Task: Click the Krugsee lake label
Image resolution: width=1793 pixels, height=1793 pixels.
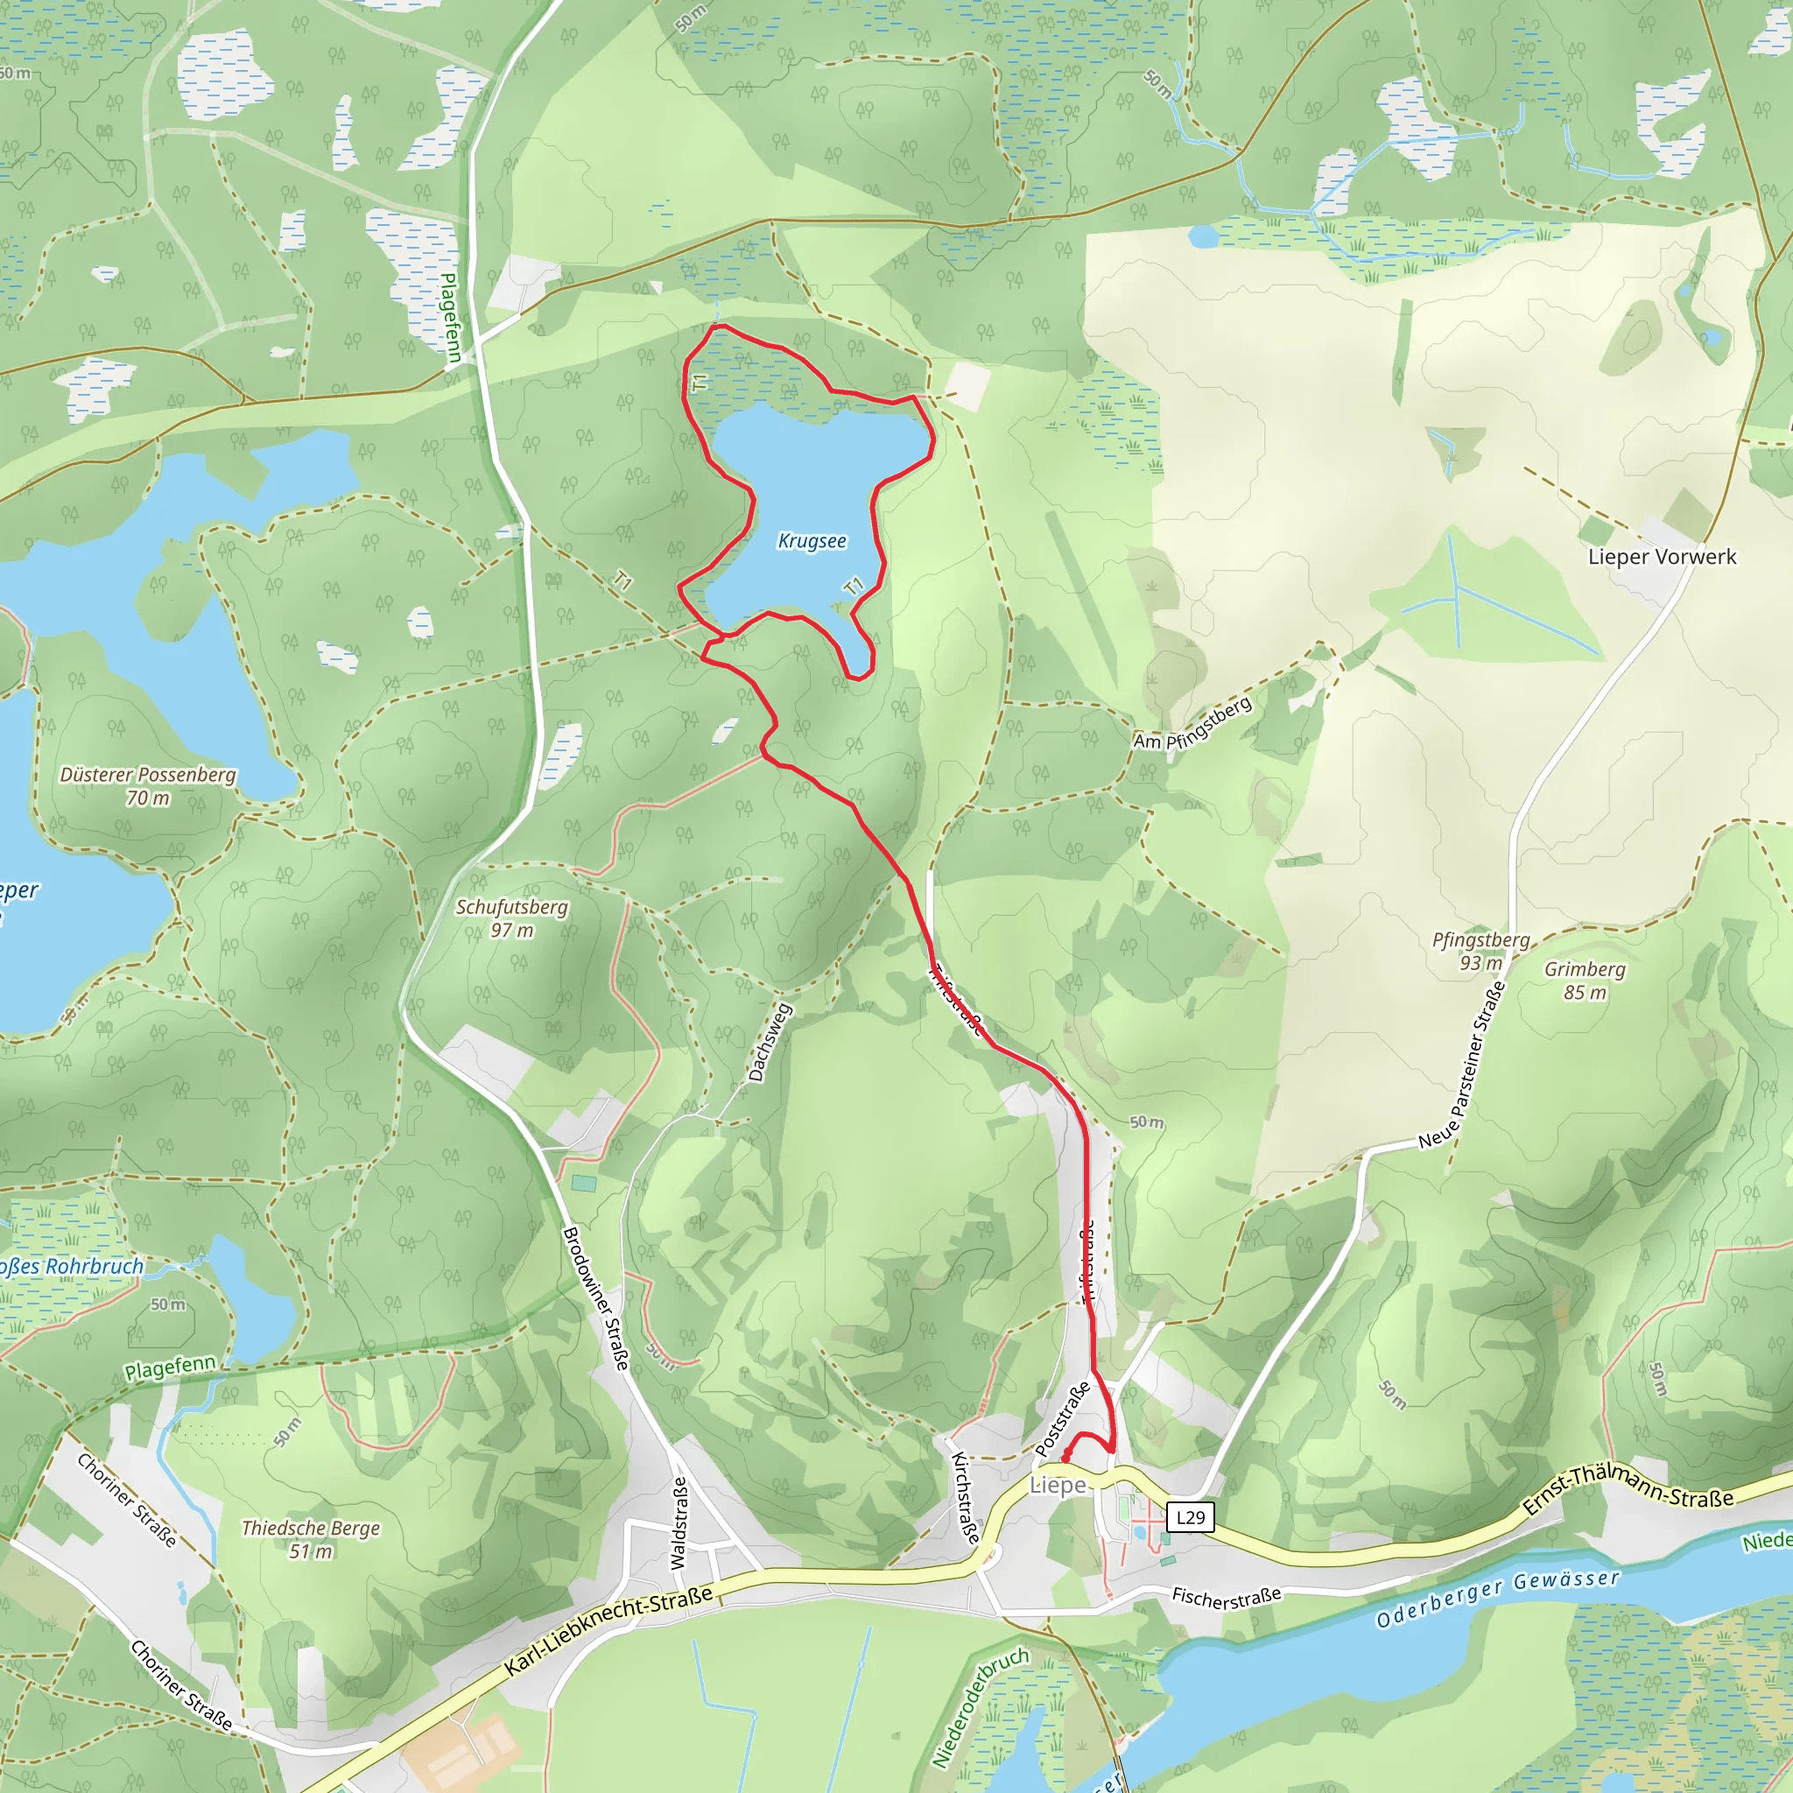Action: point(812,541)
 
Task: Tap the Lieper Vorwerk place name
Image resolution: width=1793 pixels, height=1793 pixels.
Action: point(1661,557)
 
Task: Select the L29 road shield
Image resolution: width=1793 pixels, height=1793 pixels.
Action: point(1190,1517)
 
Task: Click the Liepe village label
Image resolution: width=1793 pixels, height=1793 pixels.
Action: point(1057,1485)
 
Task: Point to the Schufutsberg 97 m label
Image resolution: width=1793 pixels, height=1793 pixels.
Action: point(511,918)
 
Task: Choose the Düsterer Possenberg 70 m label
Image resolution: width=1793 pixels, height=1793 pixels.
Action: point(148,786)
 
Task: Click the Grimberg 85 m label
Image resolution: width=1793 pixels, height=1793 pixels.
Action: point(1586,981)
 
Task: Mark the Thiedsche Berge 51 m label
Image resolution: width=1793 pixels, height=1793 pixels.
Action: point(311,1540)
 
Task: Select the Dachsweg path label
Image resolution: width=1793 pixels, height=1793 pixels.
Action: point(770,1042)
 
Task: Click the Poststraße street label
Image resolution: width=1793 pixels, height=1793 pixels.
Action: point(1063,1419)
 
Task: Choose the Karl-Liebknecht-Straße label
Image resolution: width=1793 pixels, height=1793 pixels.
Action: point(608,1630)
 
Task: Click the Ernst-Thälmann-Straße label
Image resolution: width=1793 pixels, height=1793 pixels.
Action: point(1628,1489)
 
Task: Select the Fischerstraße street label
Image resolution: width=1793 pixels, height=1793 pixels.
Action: point(1226,1597)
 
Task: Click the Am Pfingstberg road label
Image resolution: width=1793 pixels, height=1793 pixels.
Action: point(1192,724)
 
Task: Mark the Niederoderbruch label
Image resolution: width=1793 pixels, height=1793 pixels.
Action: point(980,1707)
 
